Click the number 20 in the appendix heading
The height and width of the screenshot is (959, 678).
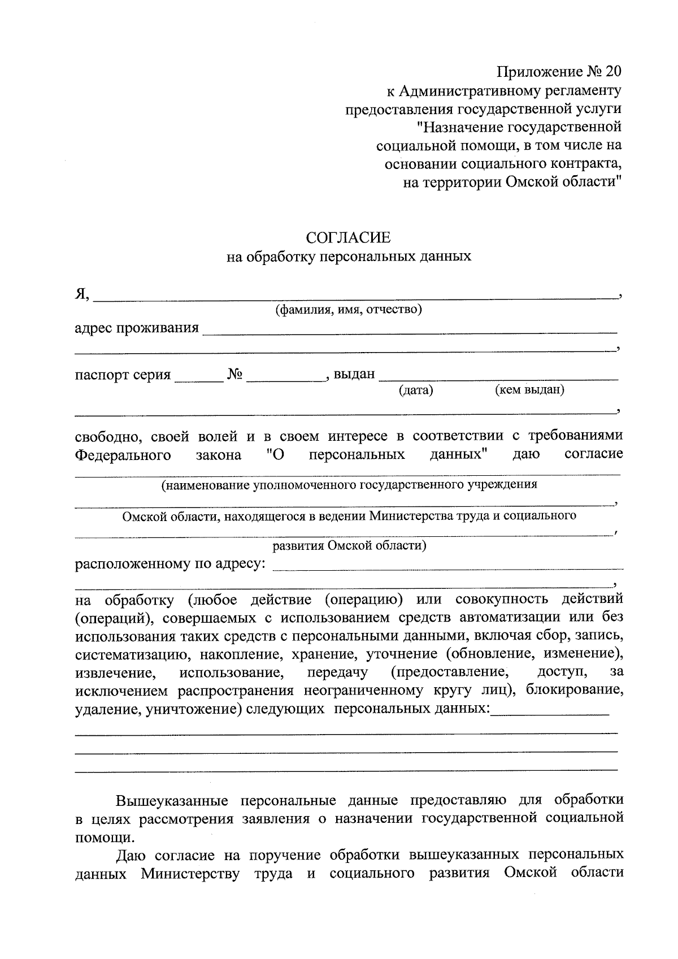click(611, 72)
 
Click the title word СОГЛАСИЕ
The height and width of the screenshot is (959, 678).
click(348, 237)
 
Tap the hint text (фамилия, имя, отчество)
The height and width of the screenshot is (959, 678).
click(349, 310)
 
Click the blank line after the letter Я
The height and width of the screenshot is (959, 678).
click(356, 293)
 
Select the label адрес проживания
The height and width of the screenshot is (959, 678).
click(137, 328)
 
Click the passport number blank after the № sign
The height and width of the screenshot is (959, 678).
click(285, 376)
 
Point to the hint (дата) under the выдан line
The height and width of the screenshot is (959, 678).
click(415, 390)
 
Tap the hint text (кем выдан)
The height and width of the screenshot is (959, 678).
click(529, 389)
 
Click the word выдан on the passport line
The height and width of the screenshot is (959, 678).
click(354, 374)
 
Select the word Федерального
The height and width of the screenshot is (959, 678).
click(123, 455)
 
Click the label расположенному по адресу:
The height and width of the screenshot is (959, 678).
click(170, 565)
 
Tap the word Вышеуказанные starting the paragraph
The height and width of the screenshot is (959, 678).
click(172, 801)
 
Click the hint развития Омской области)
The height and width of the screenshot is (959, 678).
click(349, 546)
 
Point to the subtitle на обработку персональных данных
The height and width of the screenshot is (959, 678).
click(349, 257)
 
